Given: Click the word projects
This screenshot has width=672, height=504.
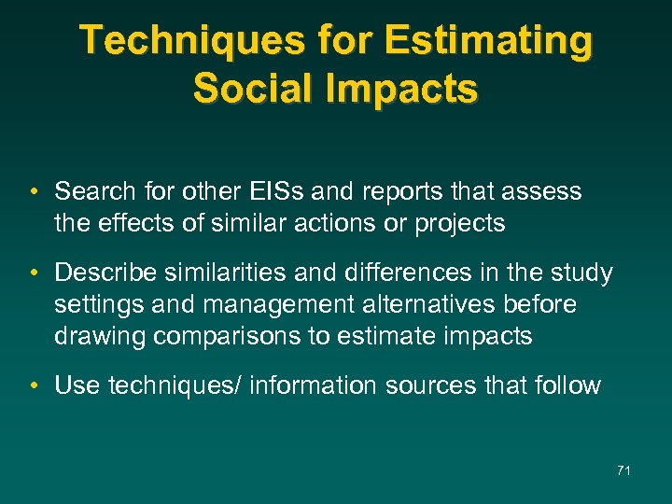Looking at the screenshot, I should click(455, 224).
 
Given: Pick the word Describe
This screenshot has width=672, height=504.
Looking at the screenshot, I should click(104, 273).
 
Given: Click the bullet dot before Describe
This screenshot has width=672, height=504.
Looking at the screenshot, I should click(33, 273).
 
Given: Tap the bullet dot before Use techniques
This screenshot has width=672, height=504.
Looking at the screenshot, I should click(33, 385).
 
